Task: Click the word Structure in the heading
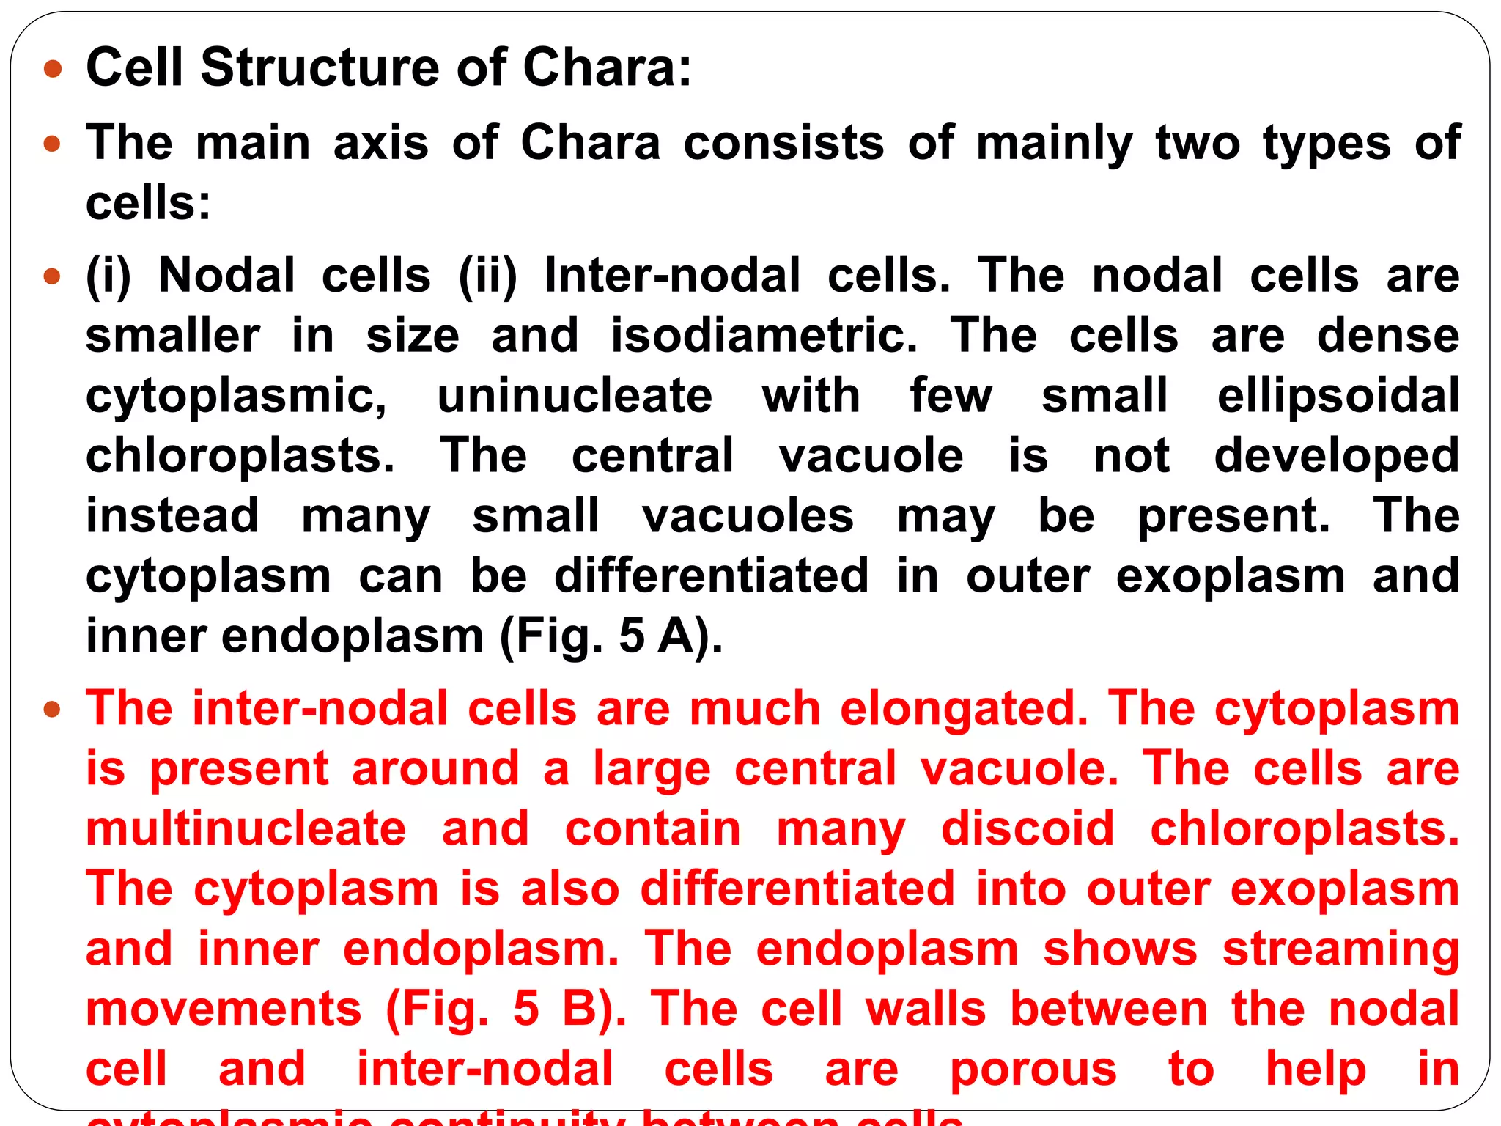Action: point(322,67)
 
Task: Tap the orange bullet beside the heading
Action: point(53,70)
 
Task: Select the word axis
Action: point(380,142)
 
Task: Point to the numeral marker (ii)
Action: point(487,276)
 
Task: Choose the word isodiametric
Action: point(764,336)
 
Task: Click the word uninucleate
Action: point(575,396)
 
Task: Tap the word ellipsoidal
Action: point(1338,396)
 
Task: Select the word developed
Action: point(1337,456)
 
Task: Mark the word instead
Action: point(172,515)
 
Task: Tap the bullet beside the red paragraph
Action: point(52,710)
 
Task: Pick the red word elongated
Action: point(964,709)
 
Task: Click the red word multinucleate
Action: point(246,829)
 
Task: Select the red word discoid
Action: point(1027,829)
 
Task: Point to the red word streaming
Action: point(1340,949)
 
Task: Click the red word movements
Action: point(224,1009)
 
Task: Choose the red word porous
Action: point(1033,1070)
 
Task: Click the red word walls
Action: point(926,1009)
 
